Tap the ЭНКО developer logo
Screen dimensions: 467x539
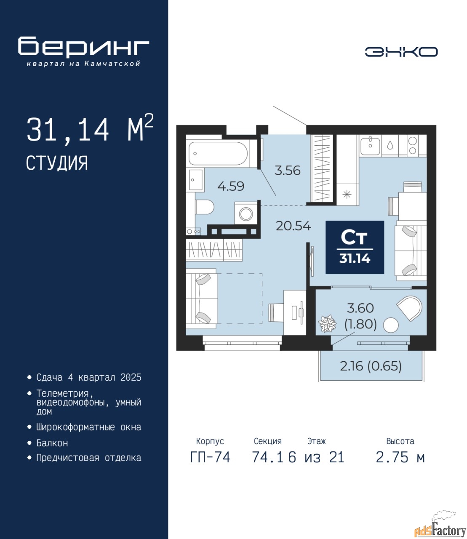coord(401,52)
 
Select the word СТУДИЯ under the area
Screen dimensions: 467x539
coord(57,163)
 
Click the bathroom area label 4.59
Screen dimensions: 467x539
coord(231,186)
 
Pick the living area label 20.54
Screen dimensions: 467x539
coord(294,226)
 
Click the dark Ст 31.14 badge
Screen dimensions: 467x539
coord(355,247)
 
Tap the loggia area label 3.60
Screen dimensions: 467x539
coord(360,308)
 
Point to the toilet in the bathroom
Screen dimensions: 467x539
coord(204,207)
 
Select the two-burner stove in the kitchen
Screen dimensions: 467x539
coord(412,146)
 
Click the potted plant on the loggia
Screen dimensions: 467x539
coord(327,323)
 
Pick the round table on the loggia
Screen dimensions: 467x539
coord(391,325)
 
